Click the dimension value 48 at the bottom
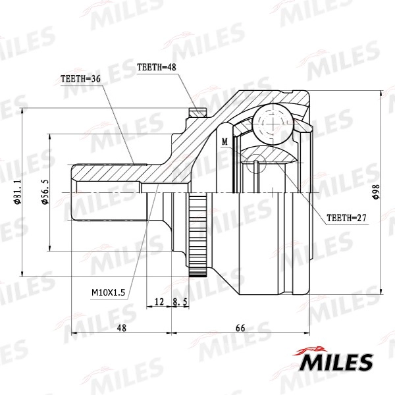121,327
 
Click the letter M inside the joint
224,142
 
